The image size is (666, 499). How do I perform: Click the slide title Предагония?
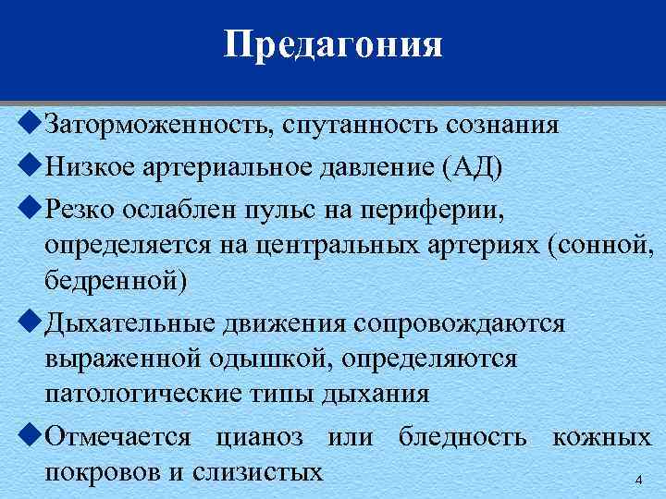coord(333,44)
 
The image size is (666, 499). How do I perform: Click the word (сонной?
coord(600,248)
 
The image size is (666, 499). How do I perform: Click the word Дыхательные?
coord(130,324)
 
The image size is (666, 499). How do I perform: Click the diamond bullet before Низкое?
coord(31,166)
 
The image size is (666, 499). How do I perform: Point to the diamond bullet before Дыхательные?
coord(31,323)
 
